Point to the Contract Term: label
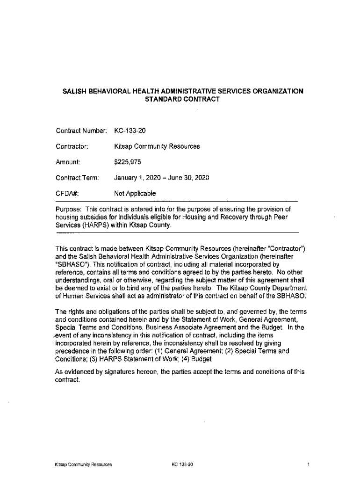click(x=77, y=178)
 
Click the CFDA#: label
click(x=67, y=194)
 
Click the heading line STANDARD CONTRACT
click(x=183, y=100)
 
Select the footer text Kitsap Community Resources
click(x=83, y=464)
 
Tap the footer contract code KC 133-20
click(x=182, y=464)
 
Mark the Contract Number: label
click(x=82, y=131)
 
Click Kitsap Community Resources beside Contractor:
click(x=157, y=146)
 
